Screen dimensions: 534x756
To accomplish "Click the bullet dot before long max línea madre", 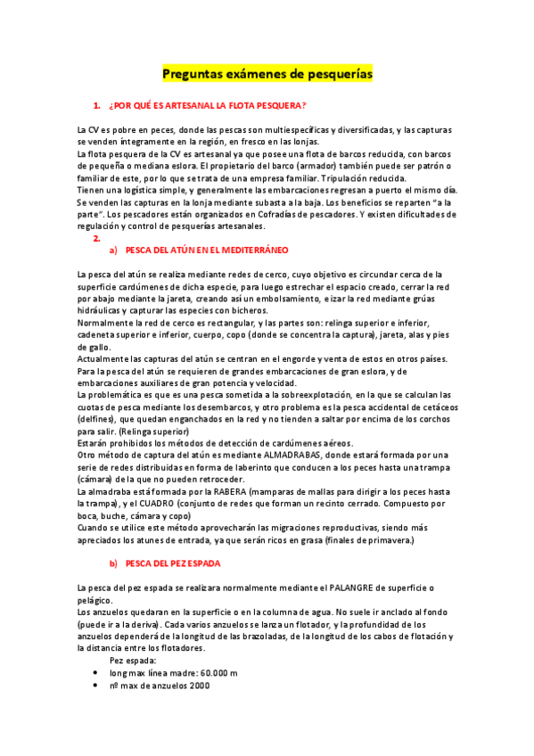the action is click(96, 673).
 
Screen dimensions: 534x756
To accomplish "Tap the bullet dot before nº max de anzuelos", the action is click(96, 686).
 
